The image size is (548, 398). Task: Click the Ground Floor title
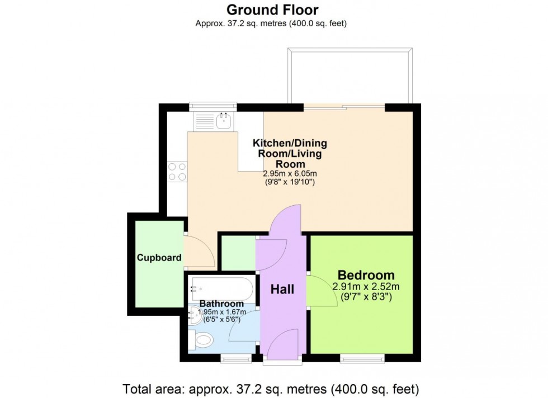pyautogui.click(x=272, y=10)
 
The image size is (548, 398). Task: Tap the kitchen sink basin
pyautogui.click(x=224, y=121)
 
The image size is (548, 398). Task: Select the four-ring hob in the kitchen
pyautogui.click(x=177, y=172)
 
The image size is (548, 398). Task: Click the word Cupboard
pyautogui.click(x=159, y=258)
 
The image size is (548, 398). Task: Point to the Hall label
pyautogui.click(x=282, y=290)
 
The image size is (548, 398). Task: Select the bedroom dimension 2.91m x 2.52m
pyautogui.click(x=366, y=287)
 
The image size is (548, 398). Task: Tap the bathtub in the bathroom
pyautogui.click(x=221, y=289)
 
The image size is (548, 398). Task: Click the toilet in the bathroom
pyautogui.click(x=201, y=340)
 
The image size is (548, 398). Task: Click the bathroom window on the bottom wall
pyautogui.click(x=236, y=357)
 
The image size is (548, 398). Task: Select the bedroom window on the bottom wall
pyautogui.click(x=362, y=357)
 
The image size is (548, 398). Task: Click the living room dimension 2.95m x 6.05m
pyautogui.click(x=290, y=173)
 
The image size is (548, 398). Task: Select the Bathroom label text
pyautogui.click(x=221, y=304)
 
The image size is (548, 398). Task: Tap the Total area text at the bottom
pyautogui.click(x=271, y=388)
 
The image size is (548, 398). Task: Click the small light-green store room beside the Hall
pyautogui.click(x=239, y=253)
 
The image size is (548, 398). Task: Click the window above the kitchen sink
pyautogui.click(x=213, y=107)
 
